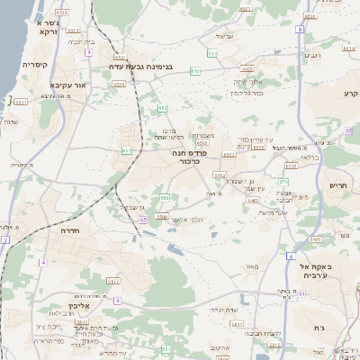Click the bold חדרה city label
[69, 231]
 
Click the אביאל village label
[226, 36]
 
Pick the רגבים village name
[313, 55]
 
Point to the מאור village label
[251, 265]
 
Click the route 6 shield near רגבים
[299, 29]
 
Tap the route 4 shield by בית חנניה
[88, 52]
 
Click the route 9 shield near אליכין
[117, 300]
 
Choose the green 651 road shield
[125, 150]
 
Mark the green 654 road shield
[212, 54]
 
